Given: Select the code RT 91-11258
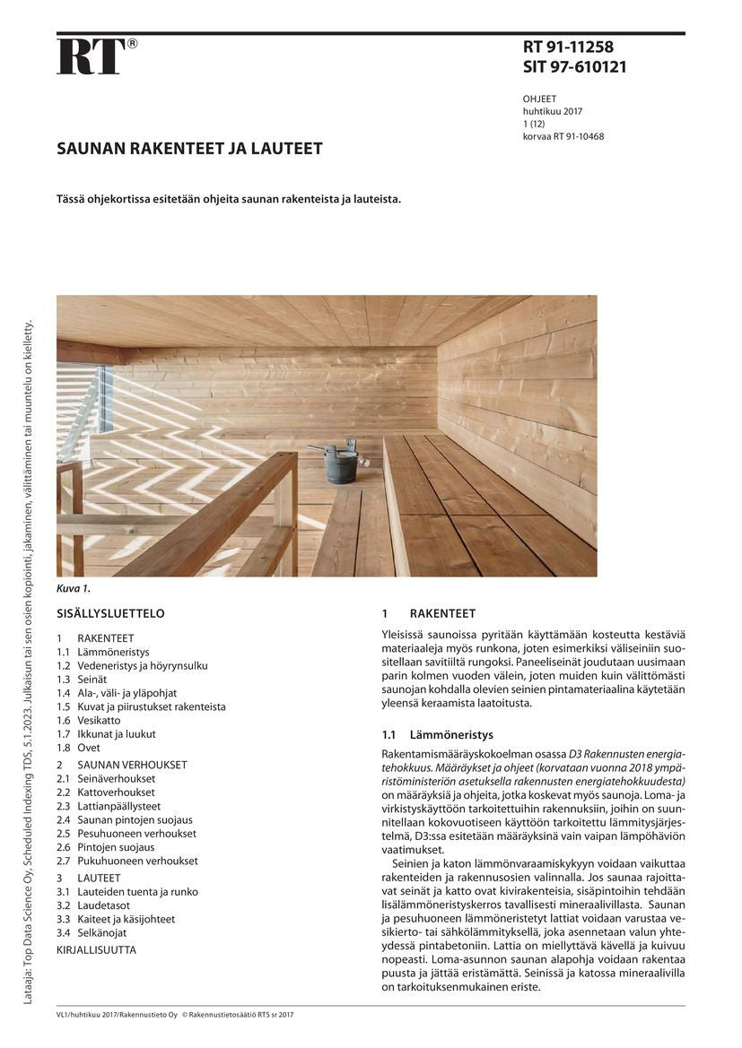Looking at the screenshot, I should tap(568, 48).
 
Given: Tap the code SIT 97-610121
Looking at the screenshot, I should tap(574, 67).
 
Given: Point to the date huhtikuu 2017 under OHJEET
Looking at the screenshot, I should tap(553, 111).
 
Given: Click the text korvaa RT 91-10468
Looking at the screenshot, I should tap(563, 136).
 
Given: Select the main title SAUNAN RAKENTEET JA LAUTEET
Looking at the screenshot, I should tap(189, 148).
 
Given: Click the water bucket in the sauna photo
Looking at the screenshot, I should tap(341, 463).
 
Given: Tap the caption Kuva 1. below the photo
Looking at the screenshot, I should tap(74, 589).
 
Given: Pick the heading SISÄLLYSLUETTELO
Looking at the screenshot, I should tap(110, 614).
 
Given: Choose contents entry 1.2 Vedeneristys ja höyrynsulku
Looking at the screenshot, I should tap(132, 666).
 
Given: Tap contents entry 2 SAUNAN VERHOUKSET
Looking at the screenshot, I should tap(121, 766).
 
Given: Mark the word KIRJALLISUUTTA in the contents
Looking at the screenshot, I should tap(96, 949).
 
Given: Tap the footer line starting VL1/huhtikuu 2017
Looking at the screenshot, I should tap(175, 1015).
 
